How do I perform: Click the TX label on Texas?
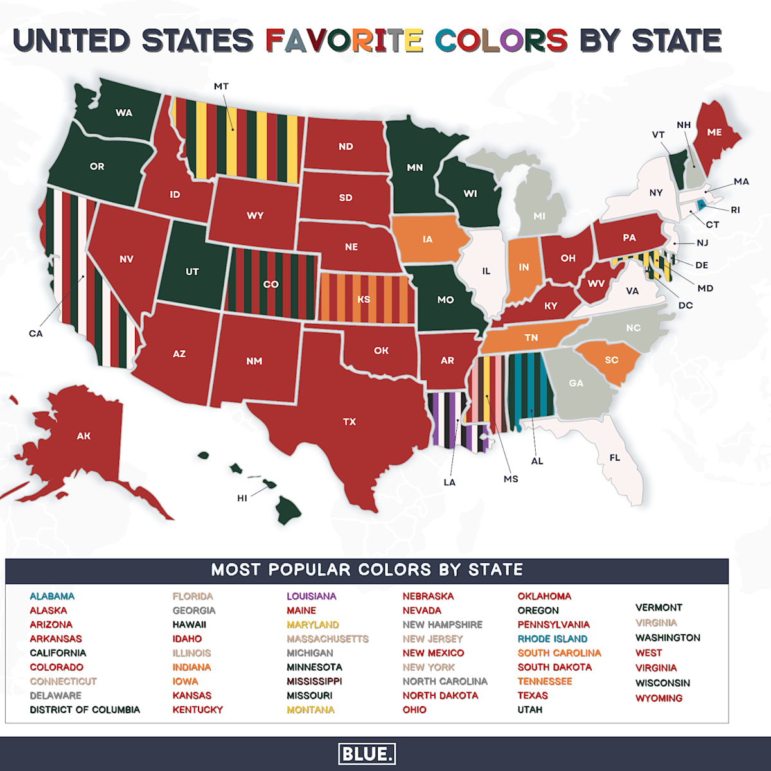point(350,422)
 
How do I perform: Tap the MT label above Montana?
point(221,86)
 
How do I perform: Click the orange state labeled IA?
point(427,240)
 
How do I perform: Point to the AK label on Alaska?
point(84,436)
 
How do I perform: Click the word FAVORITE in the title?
point(344,40)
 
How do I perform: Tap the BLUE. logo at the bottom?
point(367,754)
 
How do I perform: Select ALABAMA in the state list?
point(52,596)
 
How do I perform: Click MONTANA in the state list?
point(310,709)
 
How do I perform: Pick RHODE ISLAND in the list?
point(553,639)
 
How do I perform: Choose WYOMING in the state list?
point(659,698)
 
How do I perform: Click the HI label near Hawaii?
point(242,498)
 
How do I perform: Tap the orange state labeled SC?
point(611,360)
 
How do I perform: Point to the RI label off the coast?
point(735,209)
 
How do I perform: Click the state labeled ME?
point(714,132)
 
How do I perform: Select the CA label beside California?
point(36,333)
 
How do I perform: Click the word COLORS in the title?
point(501,40)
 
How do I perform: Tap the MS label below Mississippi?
point(511,479)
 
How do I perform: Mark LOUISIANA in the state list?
point(311,596)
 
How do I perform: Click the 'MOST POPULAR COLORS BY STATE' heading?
point(367,570)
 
